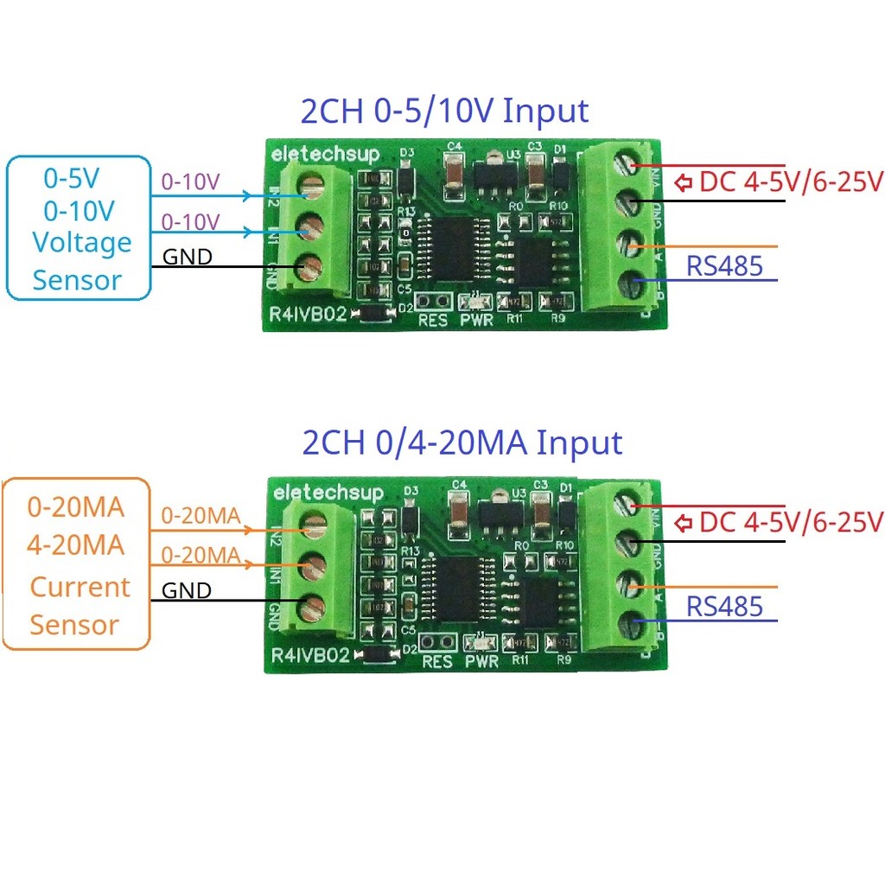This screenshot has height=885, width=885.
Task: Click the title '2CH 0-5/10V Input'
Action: [x=444, y=111]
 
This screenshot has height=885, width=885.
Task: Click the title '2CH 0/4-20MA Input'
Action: [x=462, y=442]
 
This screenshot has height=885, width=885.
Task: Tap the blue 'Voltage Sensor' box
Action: [x=79, y=228]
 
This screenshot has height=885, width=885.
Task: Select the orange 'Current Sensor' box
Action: [x=75, y=563]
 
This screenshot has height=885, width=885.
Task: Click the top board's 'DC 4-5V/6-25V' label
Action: [x=790, y=182]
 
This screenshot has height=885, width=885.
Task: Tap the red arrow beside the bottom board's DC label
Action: [x=684, y=522]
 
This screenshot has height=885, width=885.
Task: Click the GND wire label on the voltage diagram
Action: [x=188, y=257]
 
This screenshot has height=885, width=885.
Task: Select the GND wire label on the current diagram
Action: [x=188, y=591]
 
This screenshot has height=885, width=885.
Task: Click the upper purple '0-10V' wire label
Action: [x=191, y=182]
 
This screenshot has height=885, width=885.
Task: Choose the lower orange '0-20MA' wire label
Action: [x=201, y=554]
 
